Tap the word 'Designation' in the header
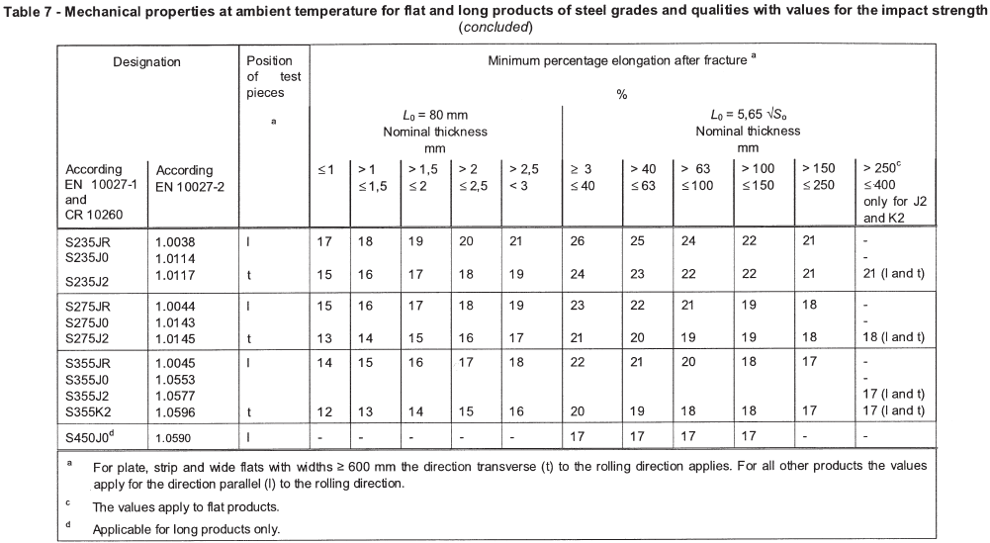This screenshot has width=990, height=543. pos(146,61)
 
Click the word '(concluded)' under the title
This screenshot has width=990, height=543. pos(495,26)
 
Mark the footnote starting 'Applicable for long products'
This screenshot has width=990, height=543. pos(186,528)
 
